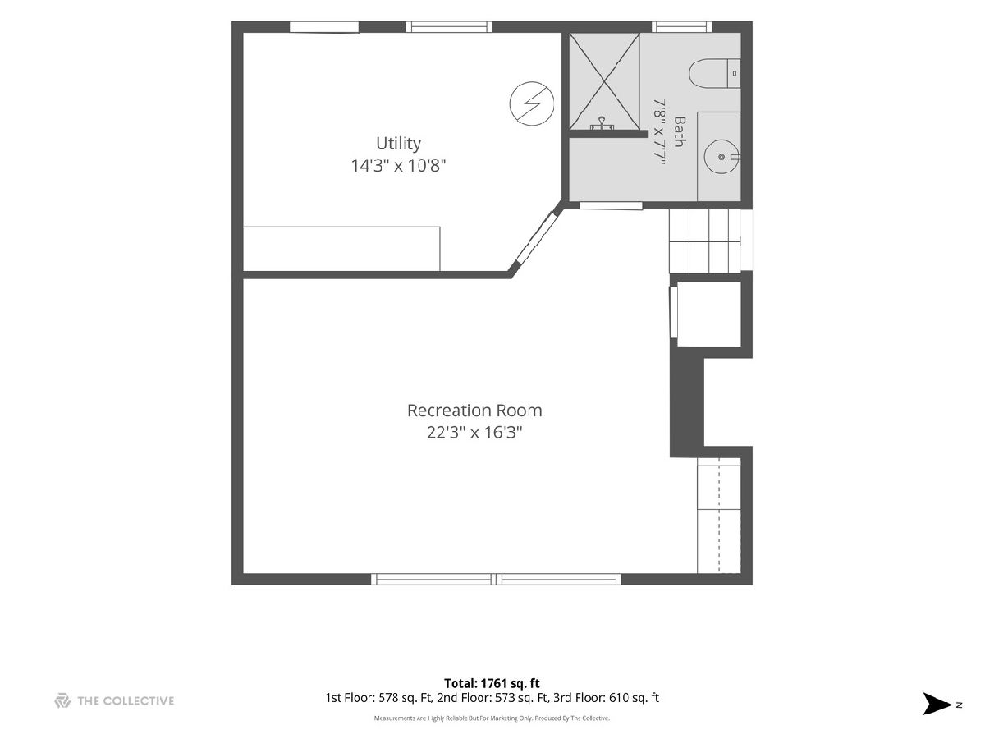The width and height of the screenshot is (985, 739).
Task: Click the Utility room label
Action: (398, 143)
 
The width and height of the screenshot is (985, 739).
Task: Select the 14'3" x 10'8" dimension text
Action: (398, 166)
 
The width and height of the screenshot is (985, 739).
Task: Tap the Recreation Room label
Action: (474, 410)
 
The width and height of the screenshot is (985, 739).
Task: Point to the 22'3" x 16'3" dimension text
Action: (474, 433)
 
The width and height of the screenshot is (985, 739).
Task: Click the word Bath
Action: (680, 131)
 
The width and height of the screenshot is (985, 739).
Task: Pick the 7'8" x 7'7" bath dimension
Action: (658, 131)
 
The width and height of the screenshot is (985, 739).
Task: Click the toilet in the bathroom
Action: (714, 73)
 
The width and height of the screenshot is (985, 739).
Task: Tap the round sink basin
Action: (722, 157)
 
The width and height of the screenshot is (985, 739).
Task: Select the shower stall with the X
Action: (604, 81)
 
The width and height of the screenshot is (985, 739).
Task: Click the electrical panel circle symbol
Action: (531, 103)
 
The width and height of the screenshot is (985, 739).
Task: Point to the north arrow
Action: (937, 704)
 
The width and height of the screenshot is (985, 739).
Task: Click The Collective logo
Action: (114, 701)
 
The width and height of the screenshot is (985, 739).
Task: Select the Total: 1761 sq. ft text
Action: (492, 683)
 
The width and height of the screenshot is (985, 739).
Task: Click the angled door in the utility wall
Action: (536, 237)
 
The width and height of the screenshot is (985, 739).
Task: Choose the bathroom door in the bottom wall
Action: (611, 206)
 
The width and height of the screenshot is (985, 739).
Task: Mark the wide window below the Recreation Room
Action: (496, 579)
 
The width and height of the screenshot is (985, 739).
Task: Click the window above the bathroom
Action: (681, 27)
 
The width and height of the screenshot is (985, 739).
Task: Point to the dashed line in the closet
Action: (719, 515)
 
